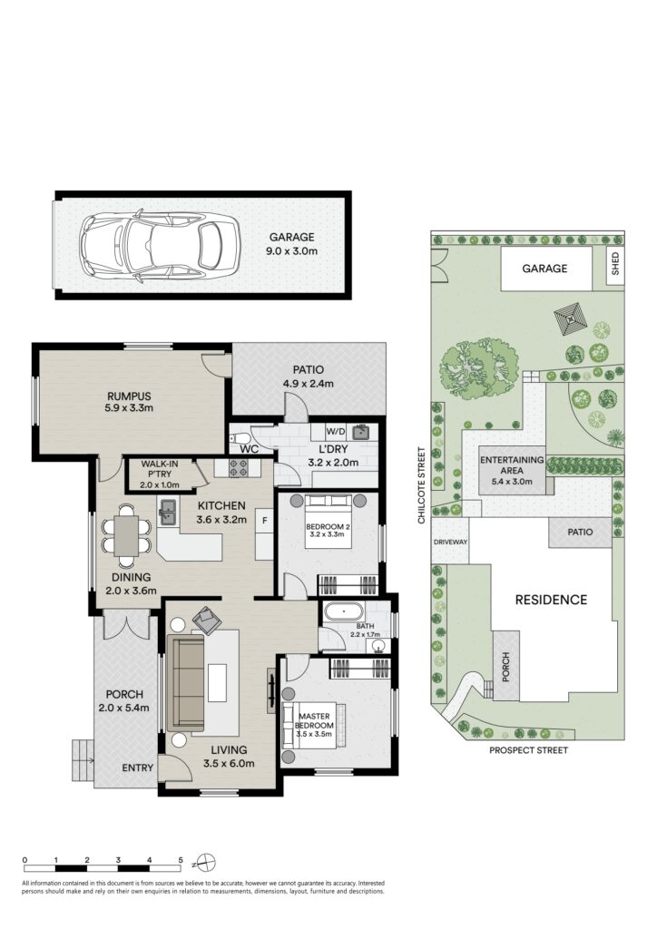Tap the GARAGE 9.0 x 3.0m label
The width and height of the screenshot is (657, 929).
coord(292,243)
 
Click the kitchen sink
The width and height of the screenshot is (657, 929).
coord(168,512)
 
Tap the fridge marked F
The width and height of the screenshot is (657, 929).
coord(264,533)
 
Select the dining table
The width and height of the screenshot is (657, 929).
coord(126,535)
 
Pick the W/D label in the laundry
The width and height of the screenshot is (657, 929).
coord(336,431)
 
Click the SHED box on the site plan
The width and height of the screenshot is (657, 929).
coord(615,264)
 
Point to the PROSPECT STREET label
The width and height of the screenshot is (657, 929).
coord(528,750)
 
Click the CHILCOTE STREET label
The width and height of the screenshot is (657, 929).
coord(422,485)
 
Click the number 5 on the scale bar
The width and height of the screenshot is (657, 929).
coord(181,860)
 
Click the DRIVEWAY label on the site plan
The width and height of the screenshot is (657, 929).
coord(450,542)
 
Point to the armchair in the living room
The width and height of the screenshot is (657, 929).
coord(207,620)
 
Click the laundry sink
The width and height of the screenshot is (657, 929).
coord(360,432)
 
